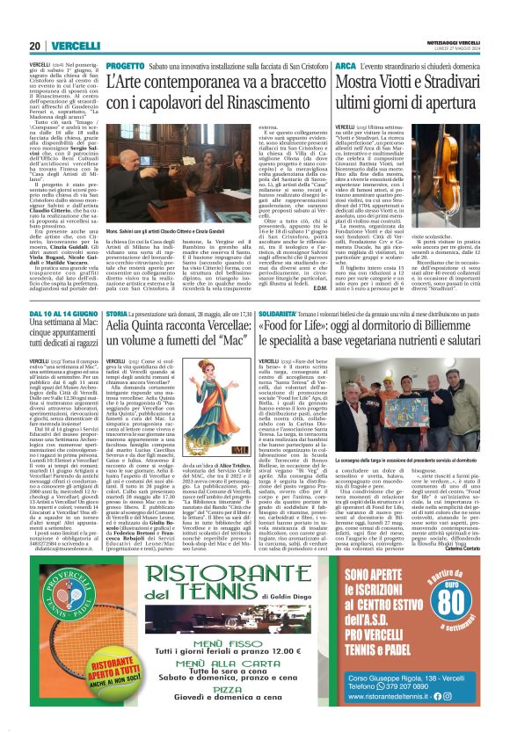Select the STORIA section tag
pyautogui.click(x=117, y=312)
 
